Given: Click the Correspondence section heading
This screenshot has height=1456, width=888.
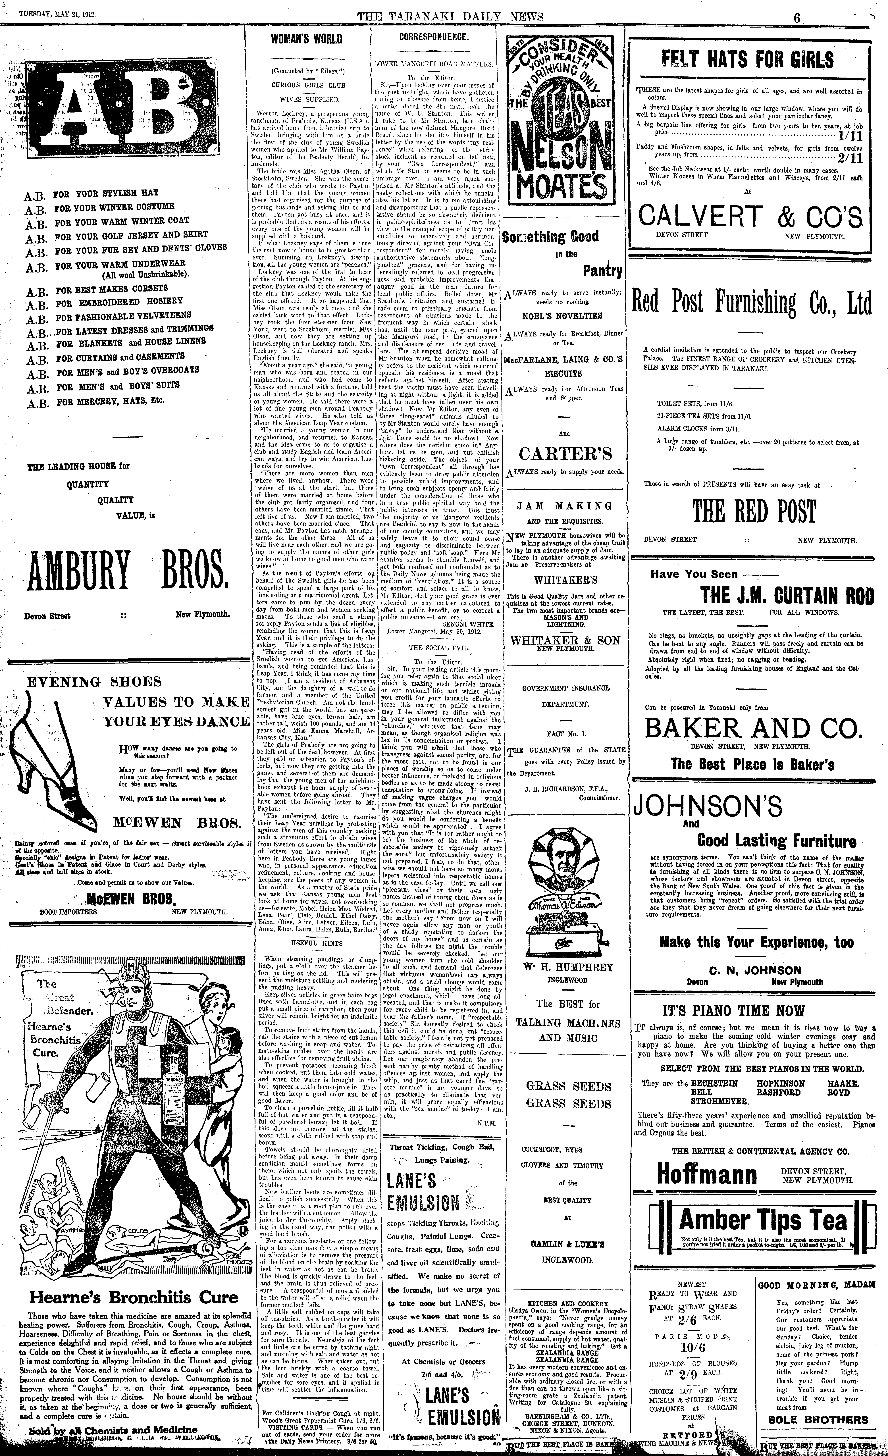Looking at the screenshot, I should (x=434, y=37).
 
